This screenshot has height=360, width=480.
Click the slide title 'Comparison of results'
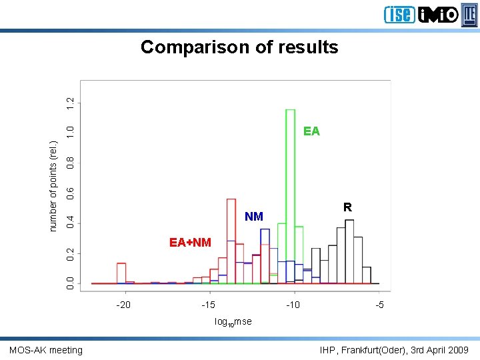coord(239,47)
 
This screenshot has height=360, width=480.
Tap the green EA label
coord(311,131)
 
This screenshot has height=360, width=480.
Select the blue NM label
coord(254,216)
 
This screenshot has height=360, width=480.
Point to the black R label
coord(347,207)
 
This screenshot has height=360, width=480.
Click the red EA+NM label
coord(190,242)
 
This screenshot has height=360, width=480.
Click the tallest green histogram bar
coord(290,193)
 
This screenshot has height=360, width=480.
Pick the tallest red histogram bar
coord(231,240)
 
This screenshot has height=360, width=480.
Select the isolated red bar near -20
coord(121,273)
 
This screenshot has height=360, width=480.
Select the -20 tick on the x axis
coord(123,305)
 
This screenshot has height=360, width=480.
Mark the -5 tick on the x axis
coord(379,305)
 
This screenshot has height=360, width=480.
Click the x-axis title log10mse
coord(233,321)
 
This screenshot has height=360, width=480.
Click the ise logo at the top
coord(399,14)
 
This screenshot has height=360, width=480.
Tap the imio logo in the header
coord(438,14)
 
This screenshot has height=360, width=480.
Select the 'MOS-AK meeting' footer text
coord(46,350)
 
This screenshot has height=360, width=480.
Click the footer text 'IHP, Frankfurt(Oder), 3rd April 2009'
coord(394,350)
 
